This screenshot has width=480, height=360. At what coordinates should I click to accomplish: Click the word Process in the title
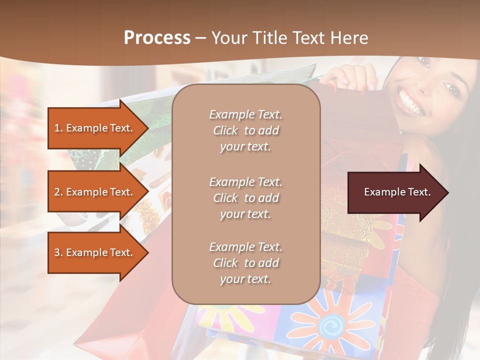pos(157,38)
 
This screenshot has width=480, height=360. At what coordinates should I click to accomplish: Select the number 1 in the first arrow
pos(57,128)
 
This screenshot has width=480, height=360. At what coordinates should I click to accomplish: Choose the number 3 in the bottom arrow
pos(57,252)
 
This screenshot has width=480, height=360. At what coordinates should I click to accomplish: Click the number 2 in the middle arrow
pos(57,192)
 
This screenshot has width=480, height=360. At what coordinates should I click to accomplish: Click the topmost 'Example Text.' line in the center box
pos(245,114)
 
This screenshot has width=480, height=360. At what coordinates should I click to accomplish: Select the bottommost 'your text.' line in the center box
pos(245,279)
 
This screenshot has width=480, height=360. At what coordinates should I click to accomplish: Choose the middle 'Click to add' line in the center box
pos(245,198)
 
